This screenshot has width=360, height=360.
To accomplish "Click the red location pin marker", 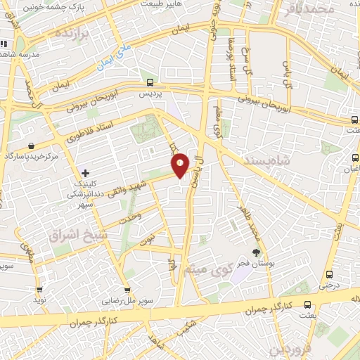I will coord(180,166).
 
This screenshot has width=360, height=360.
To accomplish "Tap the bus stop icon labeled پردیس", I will coord(149,82).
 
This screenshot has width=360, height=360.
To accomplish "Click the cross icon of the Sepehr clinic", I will coord(86,172).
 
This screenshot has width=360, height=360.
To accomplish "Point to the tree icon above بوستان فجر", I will coord(256,252).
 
